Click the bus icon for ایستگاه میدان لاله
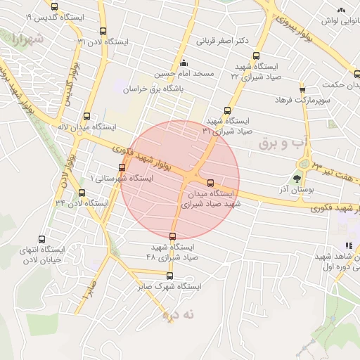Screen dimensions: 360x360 (86, 117)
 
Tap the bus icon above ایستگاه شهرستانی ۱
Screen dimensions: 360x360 (123, 167)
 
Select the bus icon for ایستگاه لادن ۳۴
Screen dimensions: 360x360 (82, 193)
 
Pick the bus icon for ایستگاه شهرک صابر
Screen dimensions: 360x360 (169, 276)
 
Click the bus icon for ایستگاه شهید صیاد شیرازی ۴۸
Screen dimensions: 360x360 (173, 236)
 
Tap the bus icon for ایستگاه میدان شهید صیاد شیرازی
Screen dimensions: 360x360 (211, 183)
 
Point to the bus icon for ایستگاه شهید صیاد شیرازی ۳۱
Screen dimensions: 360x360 (227, 110)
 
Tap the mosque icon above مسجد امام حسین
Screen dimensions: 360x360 (184, 63)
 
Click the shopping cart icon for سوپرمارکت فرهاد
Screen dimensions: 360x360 (303, 90)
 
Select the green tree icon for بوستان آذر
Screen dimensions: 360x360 (296, 177)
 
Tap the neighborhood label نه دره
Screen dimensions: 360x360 (177, 316)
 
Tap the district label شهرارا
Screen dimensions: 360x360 (27, 39)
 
